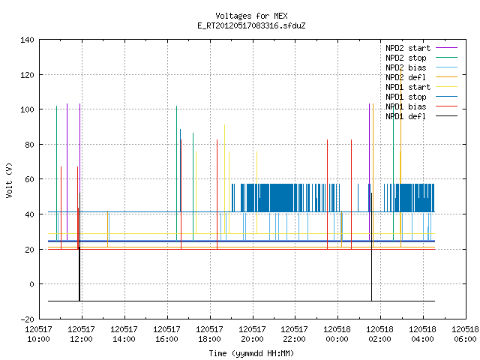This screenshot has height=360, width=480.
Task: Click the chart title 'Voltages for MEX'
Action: click(x=251, y=16)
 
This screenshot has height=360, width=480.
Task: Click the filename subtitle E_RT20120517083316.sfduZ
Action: click(x=251, y=25)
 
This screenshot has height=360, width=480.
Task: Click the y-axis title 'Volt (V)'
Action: click(x=9, y=180)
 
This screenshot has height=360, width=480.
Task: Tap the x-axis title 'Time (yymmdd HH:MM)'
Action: click(x=251, y=353)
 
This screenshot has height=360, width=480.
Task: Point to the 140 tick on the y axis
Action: click(x=27, y=40)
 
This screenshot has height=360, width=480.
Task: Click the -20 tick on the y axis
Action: click(x=27, y=319)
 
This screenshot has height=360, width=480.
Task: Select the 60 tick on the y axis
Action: click(x=29, y=179)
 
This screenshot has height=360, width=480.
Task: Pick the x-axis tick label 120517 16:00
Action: click(x=166, y=334)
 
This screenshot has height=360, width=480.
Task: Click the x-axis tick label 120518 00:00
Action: click(x=337, y=334)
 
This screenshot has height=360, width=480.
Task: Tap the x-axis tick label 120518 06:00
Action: click(x=465, y=334)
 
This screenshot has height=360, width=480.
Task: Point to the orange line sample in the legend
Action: click(x=447, y=77)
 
